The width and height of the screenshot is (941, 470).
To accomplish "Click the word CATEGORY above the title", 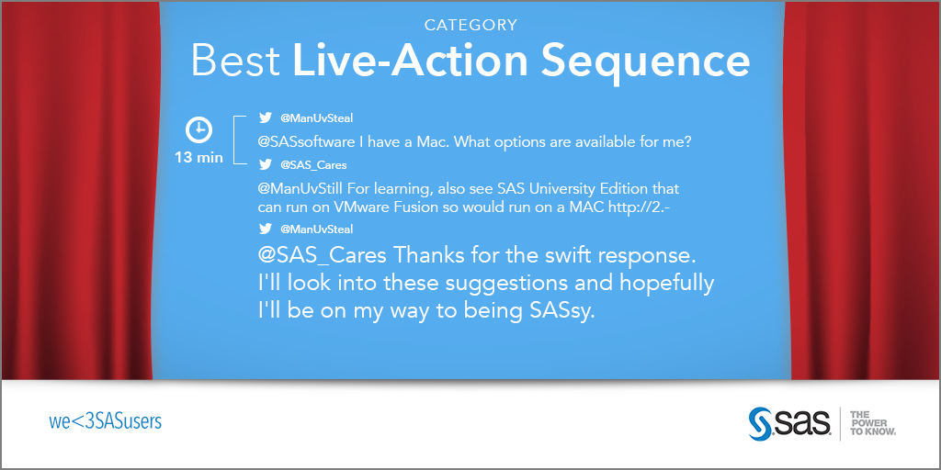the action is [x=470, y=25].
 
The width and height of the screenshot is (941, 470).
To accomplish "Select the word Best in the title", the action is [x=236, y=62].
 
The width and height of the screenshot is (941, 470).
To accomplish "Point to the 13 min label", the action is [x=198, y=158].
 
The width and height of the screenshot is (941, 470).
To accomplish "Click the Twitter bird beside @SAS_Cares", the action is [x=266, y=165].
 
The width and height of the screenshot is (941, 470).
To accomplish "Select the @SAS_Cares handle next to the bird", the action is [x=313, y=165].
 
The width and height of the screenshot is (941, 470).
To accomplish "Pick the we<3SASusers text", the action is [x=105, y=421].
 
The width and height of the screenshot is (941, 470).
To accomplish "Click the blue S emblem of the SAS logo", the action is [x=760, y=424].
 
